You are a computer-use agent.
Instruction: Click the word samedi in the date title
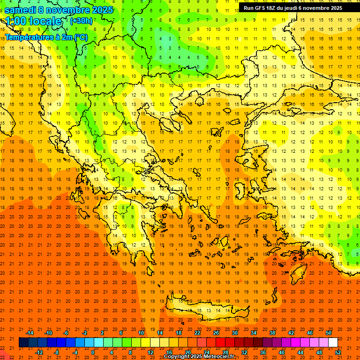(21, 10)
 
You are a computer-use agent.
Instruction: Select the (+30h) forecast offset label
(81, 21)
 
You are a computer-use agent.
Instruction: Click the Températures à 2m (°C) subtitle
(46, 37)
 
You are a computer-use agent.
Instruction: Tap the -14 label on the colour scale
(30, 333)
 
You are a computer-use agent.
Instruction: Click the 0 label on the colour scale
(93, 352)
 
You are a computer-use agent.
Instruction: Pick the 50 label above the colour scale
(328, 333)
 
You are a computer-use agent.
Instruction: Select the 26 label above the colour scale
(216, 333)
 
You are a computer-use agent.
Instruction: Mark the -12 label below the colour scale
(39, 352)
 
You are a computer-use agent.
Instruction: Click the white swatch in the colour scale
(333, 343)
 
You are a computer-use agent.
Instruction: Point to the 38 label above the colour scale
(272, 333)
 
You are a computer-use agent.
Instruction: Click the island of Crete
(206, 311)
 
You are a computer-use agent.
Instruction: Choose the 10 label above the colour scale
(141, 333)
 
